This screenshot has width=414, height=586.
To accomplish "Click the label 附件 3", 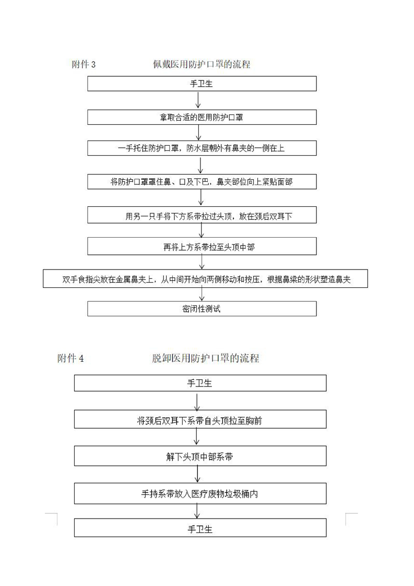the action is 84,65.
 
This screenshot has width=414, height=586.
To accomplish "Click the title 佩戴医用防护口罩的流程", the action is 202,64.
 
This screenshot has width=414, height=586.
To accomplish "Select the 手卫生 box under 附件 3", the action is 202,84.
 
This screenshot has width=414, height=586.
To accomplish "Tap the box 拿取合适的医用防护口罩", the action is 202,118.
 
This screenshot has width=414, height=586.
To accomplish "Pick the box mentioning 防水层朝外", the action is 202,148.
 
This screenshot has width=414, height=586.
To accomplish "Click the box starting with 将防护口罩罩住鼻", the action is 202,182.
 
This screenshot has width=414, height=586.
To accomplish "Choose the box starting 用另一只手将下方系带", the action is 202,216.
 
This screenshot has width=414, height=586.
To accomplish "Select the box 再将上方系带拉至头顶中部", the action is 202,247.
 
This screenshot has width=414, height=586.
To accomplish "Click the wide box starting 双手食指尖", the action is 205,279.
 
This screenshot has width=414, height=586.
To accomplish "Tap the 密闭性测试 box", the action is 202,309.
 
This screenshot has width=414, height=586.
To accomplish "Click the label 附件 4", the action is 70,359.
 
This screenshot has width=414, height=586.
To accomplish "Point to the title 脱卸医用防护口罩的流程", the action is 206,358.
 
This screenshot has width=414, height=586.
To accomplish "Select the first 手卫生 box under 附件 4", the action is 200,383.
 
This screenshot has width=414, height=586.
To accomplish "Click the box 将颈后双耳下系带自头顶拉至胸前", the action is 200,420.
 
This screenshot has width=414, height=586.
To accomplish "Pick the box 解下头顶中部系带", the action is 200,456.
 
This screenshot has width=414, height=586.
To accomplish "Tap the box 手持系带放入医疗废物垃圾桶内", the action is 200,494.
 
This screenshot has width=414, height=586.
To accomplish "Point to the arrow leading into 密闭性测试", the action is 202,294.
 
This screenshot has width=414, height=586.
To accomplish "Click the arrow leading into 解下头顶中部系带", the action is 197,437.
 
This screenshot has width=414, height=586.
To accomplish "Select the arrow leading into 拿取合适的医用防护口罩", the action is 198,100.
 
